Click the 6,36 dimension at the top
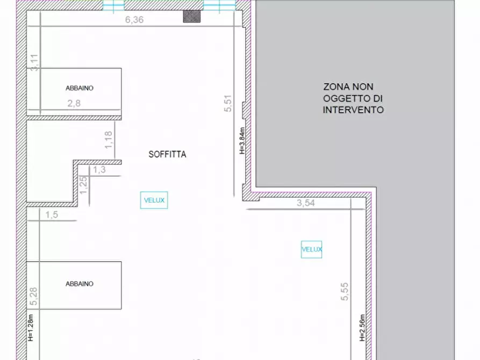(135, 20)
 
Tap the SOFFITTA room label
(167, 154)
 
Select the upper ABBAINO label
(80, 88)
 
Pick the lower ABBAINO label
(80, 284)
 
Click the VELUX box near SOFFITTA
(154, 200)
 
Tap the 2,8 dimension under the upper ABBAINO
(74, 104)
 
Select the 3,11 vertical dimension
(35, 62)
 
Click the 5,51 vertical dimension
(228, 103)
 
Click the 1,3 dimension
(99, 170)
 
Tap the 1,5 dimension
(52, 215)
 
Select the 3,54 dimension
(306, 204)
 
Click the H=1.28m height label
(31, 328)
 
